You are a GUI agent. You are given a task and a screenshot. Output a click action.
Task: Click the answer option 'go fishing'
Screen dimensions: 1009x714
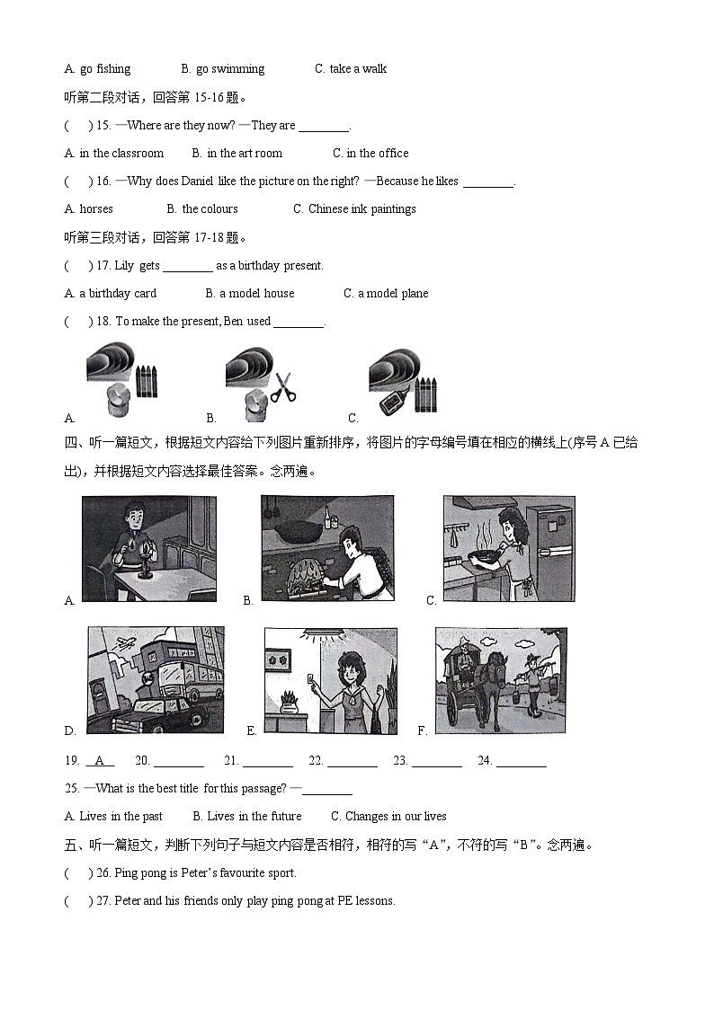[x=104, y=69]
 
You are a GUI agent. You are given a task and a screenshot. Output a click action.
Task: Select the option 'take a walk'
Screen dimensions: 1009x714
[x=358, y=69]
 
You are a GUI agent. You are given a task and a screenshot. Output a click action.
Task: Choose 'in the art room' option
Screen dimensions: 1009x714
[x=244, y=154]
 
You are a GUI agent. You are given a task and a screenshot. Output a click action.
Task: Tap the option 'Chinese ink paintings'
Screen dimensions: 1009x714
[x=361, y=209]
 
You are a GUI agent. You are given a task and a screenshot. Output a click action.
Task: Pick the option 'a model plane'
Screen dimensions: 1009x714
[x=393, y=294]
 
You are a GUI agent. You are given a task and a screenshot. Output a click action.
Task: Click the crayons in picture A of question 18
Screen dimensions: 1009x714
[x=146, y=381]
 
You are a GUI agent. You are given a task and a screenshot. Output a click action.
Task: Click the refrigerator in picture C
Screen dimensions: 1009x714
[x=549, y=548]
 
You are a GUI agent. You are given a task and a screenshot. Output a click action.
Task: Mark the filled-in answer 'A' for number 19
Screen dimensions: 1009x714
[x=100, y=761]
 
